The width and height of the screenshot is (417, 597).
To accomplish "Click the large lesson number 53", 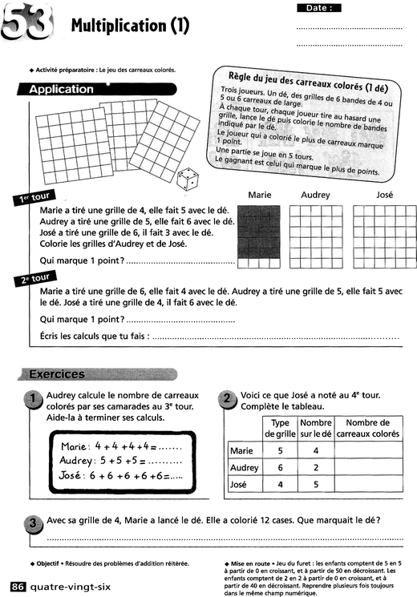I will [x=29, y=24].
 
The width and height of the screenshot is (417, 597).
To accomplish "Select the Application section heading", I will [x=62, y=90].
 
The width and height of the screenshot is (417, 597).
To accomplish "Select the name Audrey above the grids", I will [x=315, y=195].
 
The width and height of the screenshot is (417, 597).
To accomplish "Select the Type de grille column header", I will [x=281, y=429].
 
